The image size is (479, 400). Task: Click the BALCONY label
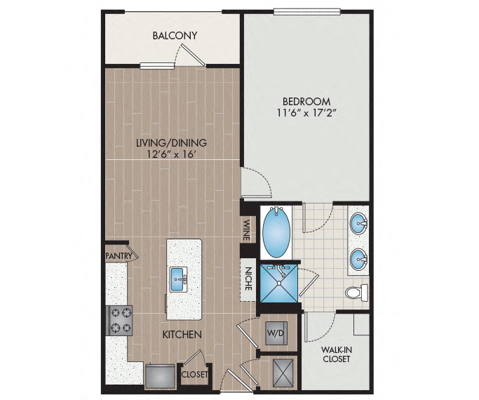click(x=175, y=36)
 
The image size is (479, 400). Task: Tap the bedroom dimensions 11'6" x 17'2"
click(x=306, y=113)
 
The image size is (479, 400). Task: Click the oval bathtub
click(x=276, y=232)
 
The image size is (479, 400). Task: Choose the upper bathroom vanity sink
click(x=358, y=224)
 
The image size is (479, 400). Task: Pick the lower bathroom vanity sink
click(x=358, y=259)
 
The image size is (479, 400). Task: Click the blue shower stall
click(x=278, y=284)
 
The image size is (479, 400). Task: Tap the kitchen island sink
click(x=179, y=279)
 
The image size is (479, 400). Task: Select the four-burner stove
click(x=119, y=320)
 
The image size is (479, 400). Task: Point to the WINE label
click(x=247, y=229)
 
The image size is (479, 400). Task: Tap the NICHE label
click(x=248, y=279)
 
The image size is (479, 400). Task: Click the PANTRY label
click(x=119, y=255)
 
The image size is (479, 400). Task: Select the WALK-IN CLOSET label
click(x=336, y=354)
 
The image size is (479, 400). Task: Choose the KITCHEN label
click(x=182, y=335)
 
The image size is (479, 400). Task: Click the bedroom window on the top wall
click(x=306, y=12)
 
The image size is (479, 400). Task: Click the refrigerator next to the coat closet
click(x=161, y=376)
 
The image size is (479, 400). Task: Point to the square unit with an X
click(x=283, y=373)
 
